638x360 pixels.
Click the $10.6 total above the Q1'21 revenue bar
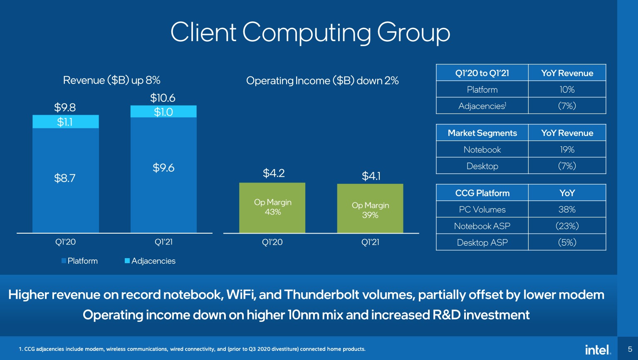163,98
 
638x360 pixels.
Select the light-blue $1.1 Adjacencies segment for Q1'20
65,122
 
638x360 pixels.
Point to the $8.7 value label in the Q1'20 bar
65,178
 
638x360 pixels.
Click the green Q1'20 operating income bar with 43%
272,207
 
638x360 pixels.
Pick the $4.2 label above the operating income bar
274,173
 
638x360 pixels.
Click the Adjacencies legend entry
150,261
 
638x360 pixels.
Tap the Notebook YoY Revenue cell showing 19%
567,150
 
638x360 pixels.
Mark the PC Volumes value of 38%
567,210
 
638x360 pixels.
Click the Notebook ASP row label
482,226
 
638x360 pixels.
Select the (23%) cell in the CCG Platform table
567,226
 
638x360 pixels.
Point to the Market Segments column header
482,133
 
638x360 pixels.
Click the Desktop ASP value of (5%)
567,243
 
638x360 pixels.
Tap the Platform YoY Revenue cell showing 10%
567,90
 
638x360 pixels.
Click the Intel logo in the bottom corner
598,350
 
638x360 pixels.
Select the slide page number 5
630,349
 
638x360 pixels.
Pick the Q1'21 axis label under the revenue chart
163,242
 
